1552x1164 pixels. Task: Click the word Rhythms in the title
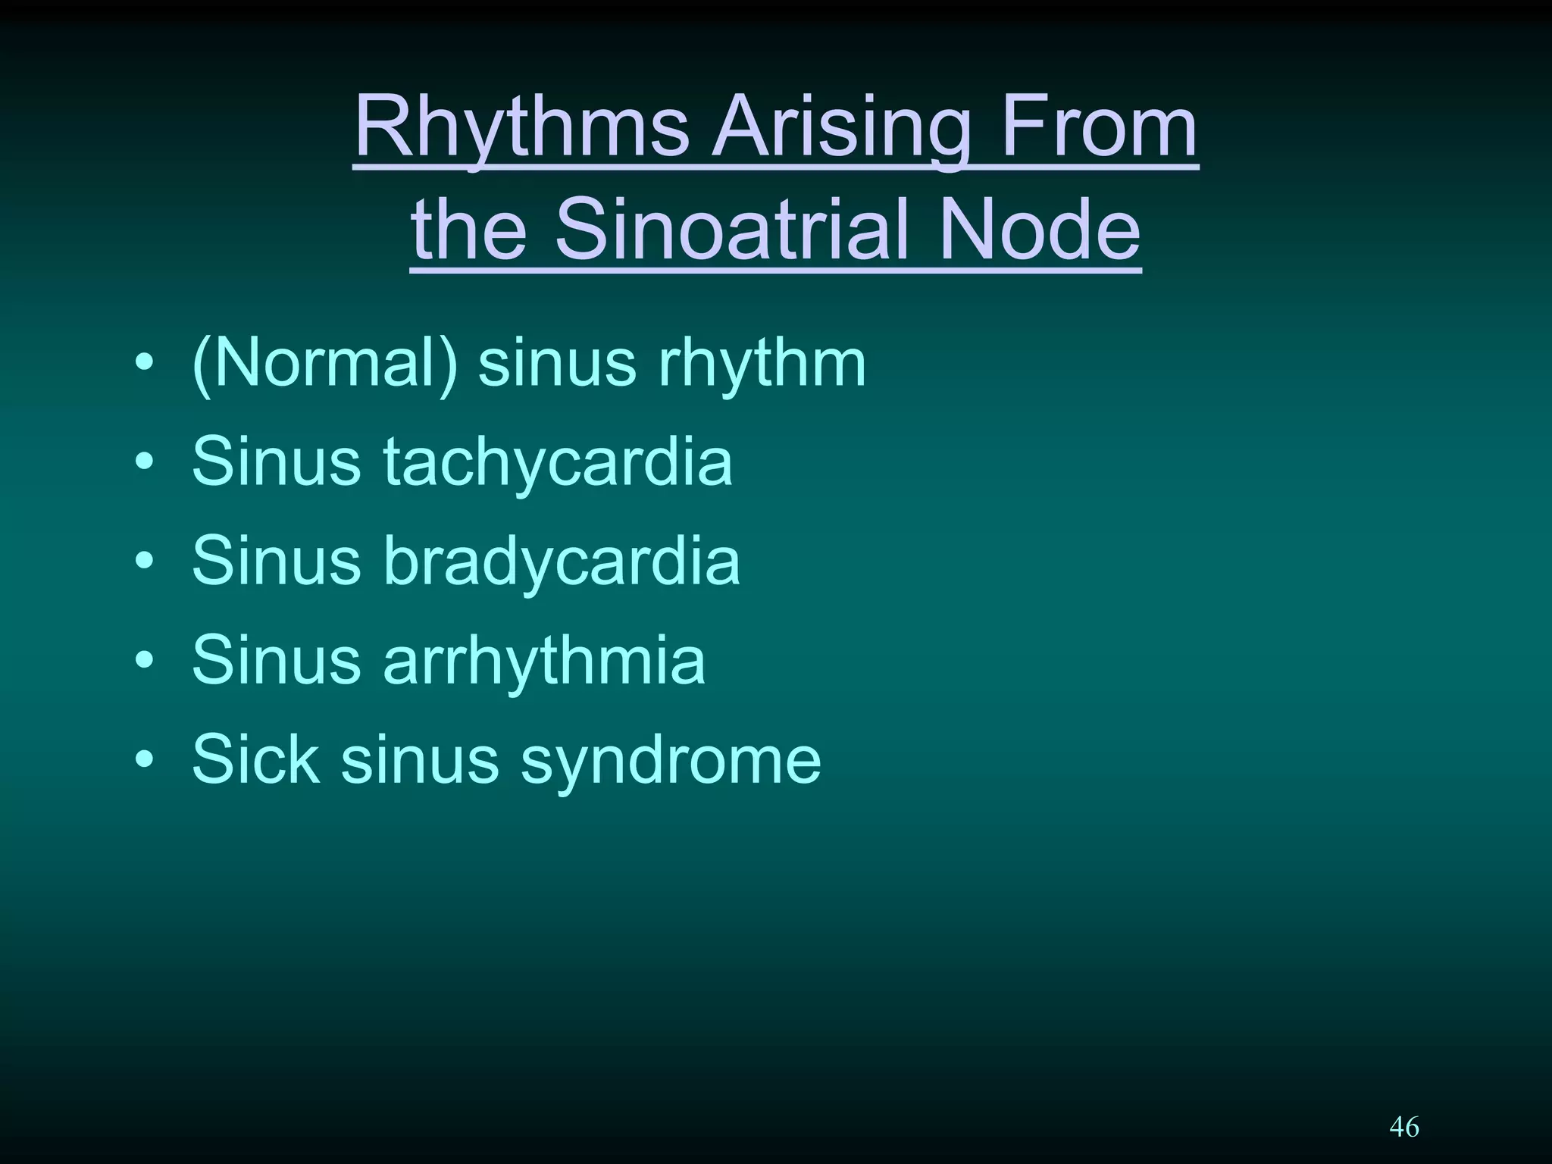(x=521, y=129)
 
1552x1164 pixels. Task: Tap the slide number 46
(x=1403, y=1127)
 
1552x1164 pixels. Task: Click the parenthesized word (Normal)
(x=325, y=363)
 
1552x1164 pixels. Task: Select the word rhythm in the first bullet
(x=762, y=363)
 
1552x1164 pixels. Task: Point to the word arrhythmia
(x=544, y=660)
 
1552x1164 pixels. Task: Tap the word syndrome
(x=670, y=759)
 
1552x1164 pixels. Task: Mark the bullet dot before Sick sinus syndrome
(x=145, y=759)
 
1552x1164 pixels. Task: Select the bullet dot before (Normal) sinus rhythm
(x=145, y=363)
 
